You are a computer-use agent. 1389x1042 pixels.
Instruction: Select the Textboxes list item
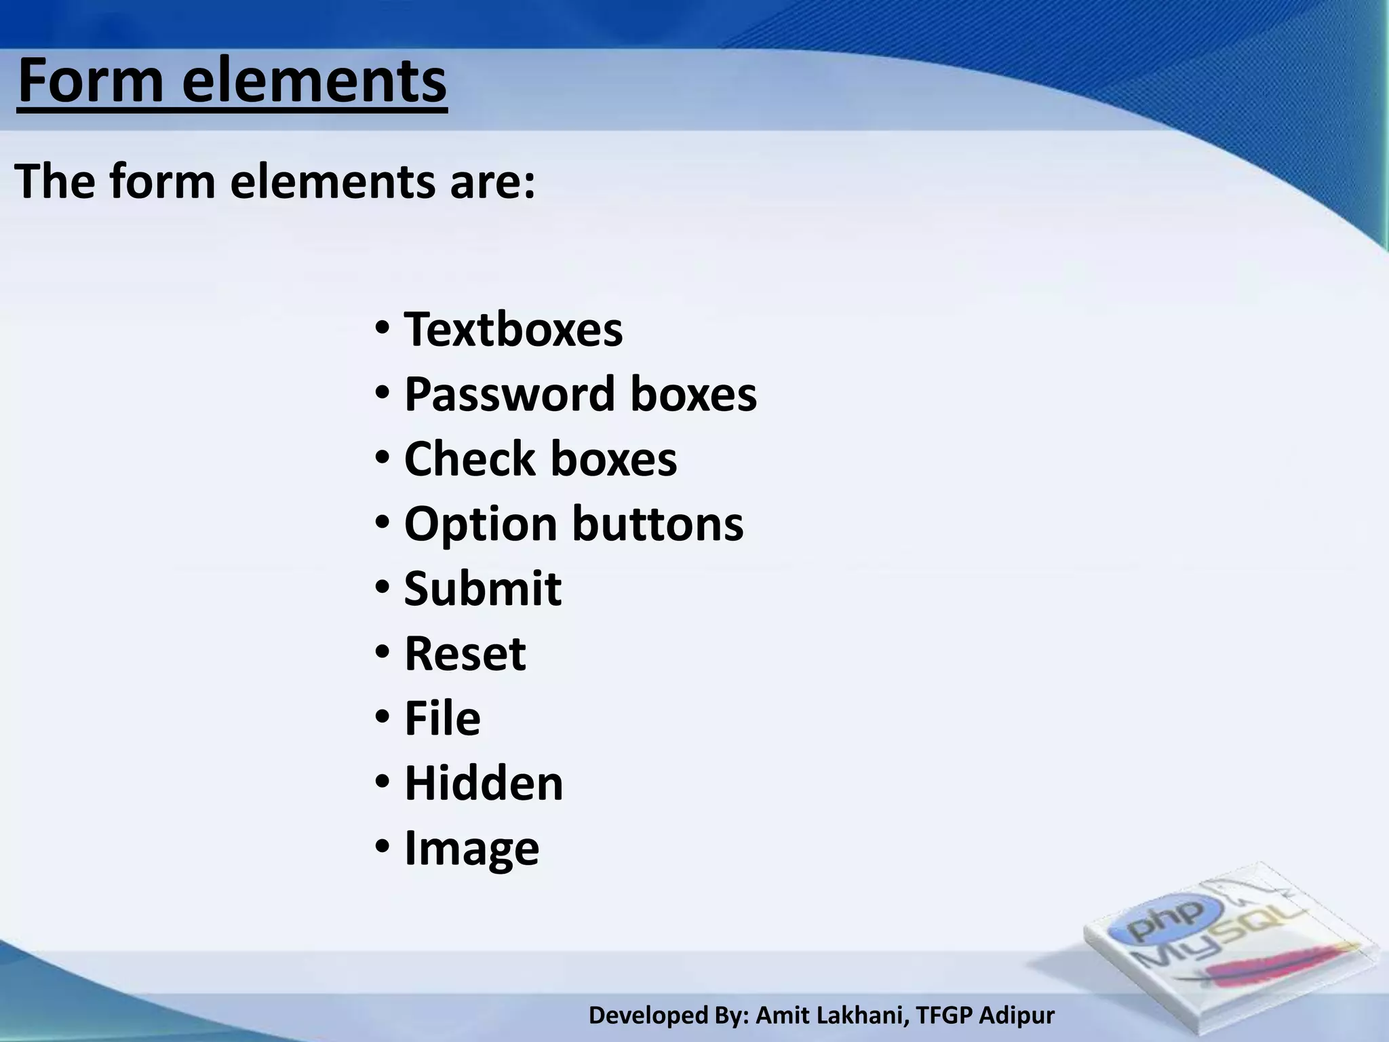click(513, 330)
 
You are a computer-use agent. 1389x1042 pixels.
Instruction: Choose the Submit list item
click(482, 588)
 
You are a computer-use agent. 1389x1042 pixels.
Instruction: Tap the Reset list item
click(465, 654)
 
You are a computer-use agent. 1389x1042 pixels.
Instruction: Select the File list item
click(442, 718)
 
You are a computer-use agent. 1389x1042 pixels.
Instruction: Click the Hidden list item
click(484, 784)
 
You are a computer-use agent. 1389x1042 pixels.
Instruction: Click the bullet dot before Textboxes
click(382, 328)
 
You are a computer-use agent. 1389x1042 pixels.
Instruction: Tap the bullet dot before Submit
click(382, 587)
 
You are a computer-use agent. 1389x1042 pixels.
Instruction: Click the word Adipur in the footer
click(1017, 1016)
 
